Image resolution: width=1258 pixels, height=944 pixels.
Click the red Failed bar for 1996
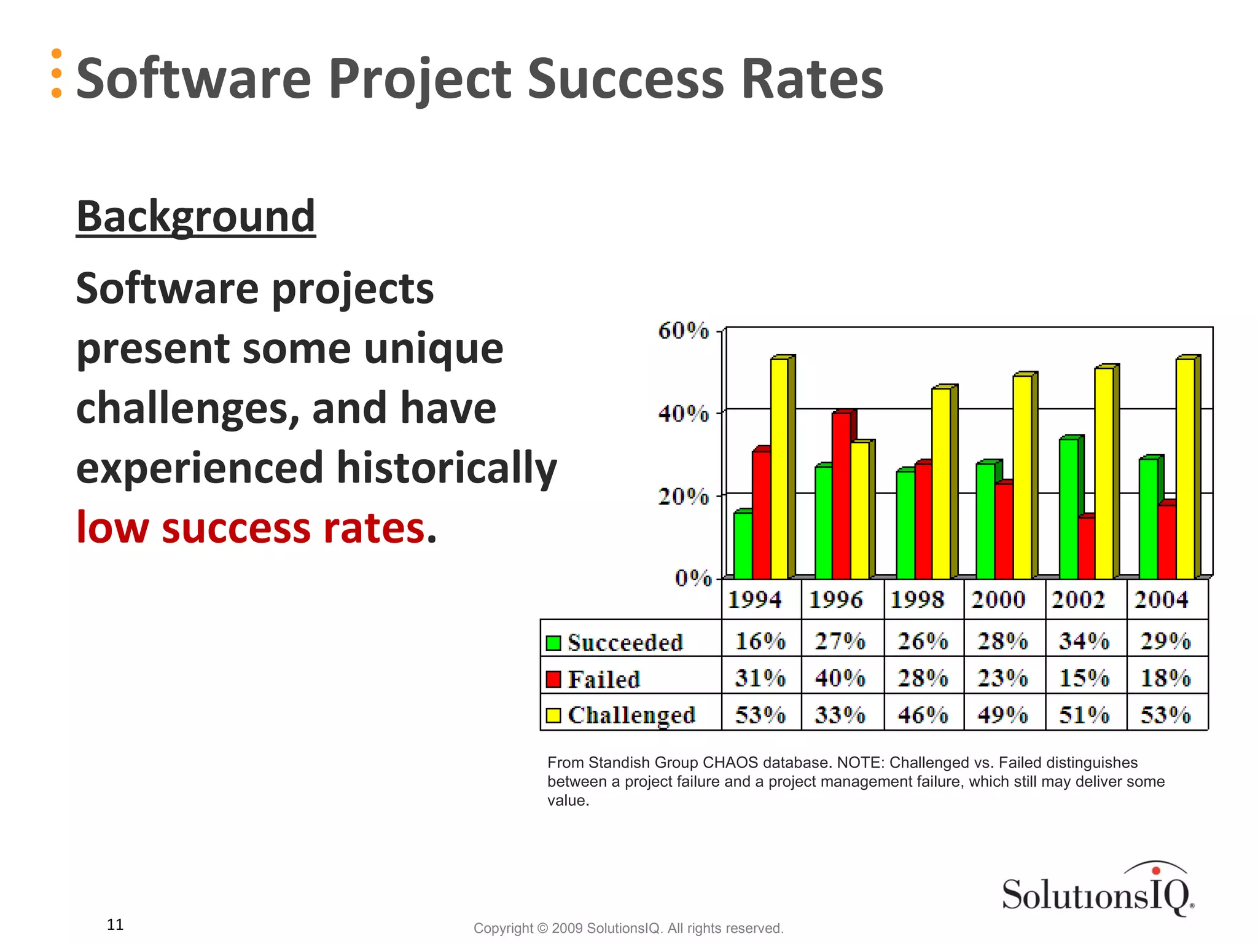click(841, 495)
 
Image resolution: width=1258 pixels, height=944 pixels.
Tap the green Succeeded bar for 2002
click(1068, 508)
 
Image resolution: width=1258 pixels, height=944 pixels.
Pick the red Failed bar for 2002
click(1086, 548)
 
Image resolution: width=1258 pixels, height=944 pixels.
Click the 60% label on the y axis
click(683, 331)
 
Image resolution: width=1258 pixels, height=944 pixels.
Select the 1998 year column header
click(916, 600)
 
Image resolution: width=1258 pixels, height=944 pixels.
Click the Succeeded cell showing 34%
click(1084, 641)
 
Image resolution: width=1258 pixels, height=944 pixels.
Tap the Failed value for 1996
click(840, 678)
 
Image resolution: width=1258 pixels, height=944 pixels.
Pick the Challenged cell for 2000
click(1002, 715)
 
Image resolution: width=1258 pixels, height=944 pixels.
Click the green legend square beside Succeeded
click(553, 643)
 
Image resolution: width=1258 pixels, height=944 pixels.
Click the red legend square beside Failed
click(553, 679)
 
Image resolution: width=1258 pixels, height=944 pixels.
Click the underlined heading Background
click(195, 216)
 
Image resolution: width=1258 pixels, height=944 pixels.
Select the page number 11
click(115, 924)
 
